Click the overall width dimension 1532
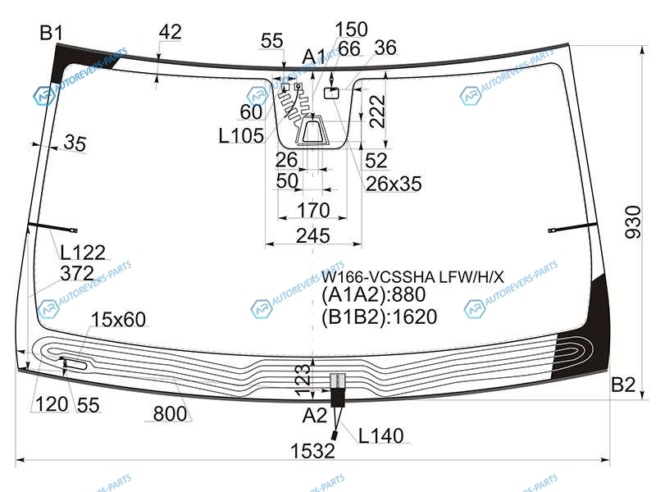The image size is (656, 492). pos(312,450)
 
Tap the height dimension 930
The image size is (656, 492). pos(632,222)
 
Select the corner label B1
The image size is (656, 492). pos(51,33)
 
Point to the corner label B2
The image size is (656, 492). pos(623,385)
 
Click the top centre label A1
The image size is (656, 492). pos(314,56)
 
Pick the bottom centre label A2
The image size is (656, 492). pos(315,416)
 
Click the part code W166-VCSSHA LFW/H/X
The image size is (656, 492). pos(412,276)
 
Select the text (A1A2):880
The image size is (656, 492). pos(373,295)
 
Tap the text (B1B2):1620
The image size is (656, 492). pos(379,317)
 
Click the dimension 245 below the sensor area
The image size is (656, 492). pos(313,236)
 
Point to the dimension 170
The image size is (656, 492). pos(313,210)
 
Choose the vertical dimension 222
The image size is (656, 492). pos(377,112)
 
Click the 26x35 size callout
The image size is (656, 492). pos(394,184)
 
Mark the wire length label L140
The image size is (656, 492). pos(380,436)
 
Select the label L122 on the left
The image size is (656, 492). pos(83,253)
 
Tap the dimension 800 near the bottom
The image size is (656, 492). pos(170,414)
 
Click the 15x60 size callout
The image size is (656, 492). pos(118,319)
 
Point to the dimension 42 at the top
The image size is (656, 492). pos(171,32)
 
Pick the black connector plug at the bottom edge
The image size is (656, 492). pos(338,398)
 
